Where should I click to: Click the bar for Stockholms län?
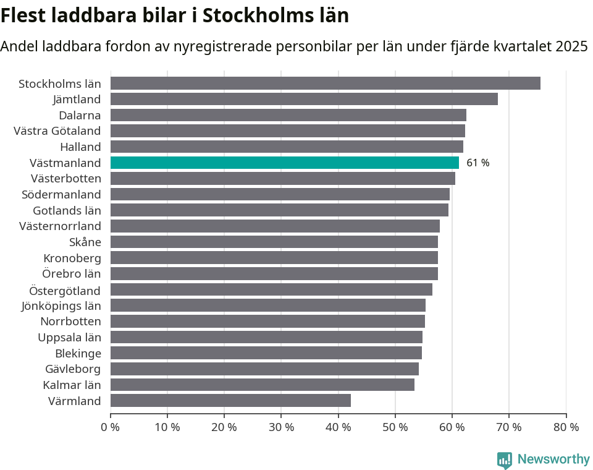[x=326, y=83]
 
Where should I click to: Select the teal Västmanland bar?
[x=285, y=163]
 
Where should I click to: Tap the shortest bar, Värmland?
[x=230, y=401]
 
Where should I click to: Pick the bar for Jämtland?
[x=304, y=99]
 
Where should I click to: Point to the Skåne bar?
[x=274, y=242]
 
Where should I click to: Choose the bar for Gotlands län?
[x=279, y=210]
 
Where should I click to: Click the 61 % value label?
[x=477, y=163]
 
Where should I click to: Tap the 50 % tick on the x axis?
[x=395, y=427]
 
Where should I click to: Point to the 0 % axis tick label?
[x=111, y=427]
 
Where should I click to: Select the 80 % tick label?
[x=566, y=427]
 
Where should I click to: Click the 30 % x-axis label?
[x=281, y=427]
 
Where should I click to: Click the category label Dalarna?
[x=80, y=115]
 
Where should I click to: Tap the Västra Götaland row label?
[x=57, y=131]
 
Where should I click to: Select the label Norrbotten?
[x=70, y=322]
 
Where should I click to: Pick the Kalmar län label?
[x=72, y=385]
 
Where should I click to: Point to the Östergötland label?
[x=65, y=290]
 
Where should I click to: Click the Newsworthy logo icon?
[x=505, y=459]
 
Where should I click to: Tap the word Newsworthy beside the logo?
[x=553, y=459]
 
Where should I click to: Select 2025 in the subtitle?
[x=571, y=46]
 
